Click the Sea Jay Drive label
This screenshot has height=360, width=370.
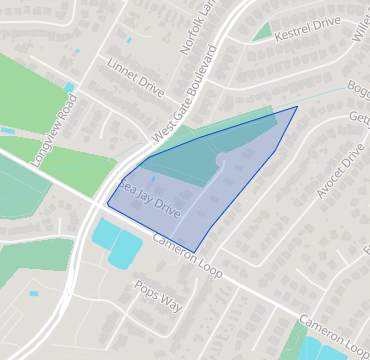[x=150, y=200]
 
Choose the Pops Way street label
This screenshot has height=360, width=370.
[x=159, y=295]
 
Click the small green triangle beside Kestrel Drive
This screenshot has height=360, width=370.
[x=263, y=32]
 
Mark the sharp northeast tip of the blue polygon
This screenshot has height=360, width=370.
[x=296, y=107]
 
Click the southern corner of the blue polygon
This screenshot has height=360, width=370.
[x=193, y=252]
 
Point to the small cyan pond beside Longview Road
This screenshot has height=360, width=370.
[x=69, y=87]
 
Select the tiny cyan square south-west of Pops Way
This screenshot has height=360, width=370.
[x=34, y=293]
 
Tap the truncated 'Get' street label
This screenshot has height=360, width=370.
[x=359, y=117]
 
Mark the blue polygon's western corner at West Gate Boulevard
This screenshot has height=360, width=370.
[x=107, y=204]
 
